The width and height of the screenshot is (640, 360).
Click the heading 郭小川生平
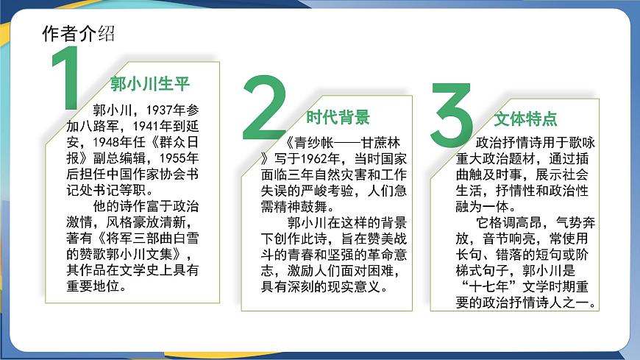[x=149, y=82]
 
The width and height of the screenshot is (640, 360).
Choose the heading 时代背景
[x=338, y=116]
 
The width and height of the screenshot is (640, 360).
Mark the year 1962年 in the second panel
[x=312, y=158]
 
